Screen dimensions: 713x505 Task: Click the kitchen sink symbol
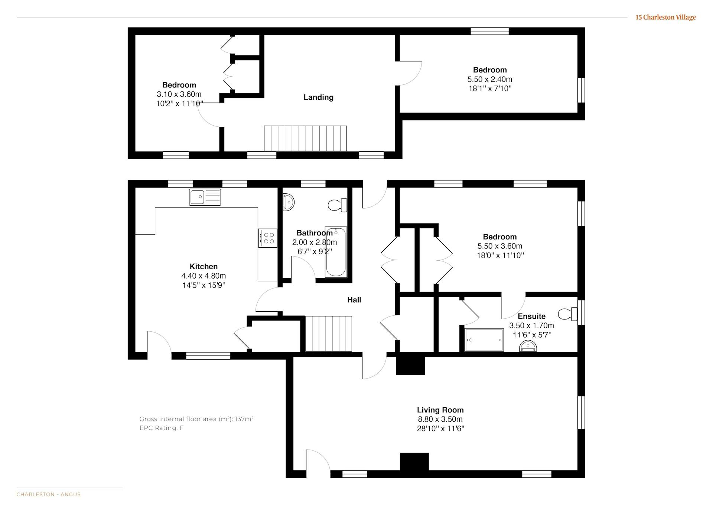pos(205,197)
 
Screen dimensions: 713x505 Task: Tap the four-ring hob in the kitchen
pos(268,238)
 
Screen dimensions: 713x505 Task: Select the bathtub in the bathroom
pos(336,252)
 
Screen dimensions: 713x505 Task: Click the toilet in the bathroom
pos(338,205)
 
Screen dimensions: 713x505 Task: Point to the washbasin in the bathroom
pos(288,202)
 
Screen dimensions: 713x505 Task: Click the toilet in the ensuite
pos(568,314)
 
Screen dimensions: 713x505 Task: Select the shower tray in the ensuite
pos(484,340)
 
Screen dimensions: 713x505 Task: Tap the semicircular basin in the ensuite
pos(528,347)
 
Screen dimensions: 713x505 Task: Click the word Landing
pos(319,97)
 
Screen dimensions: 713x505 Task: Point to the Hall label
pos(354,300)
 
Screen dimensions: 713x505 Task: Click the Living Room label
pos(440,410)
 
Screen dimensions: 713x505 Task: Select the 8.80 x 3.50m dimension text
pos(440,419)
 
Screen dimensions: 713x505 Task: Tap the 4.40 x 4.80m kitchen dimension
pos(204,276)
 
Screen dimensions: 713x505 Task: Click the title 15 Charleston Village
pos(665,17)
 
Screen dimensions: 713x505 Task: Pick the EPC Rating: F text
pos(162,428)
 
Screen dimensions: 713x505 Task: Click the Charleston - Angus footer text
pos(49,495)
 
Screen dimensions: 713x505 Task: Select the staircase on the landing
pos(305,138)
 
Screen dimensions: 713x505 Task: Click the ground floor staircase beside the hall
pos(329,334)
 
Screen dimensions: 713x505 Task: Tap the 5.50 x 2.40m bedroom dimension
pos(490,79)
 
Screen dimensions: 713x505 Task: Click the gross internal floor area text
pos(196,419)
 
